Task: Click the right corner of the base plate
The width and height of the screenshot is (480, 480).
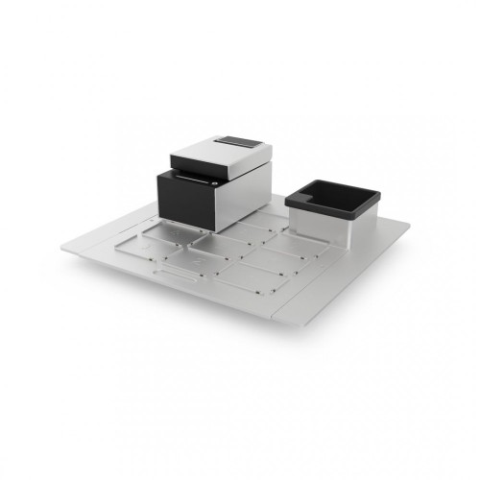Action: (x=409, y=228)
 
